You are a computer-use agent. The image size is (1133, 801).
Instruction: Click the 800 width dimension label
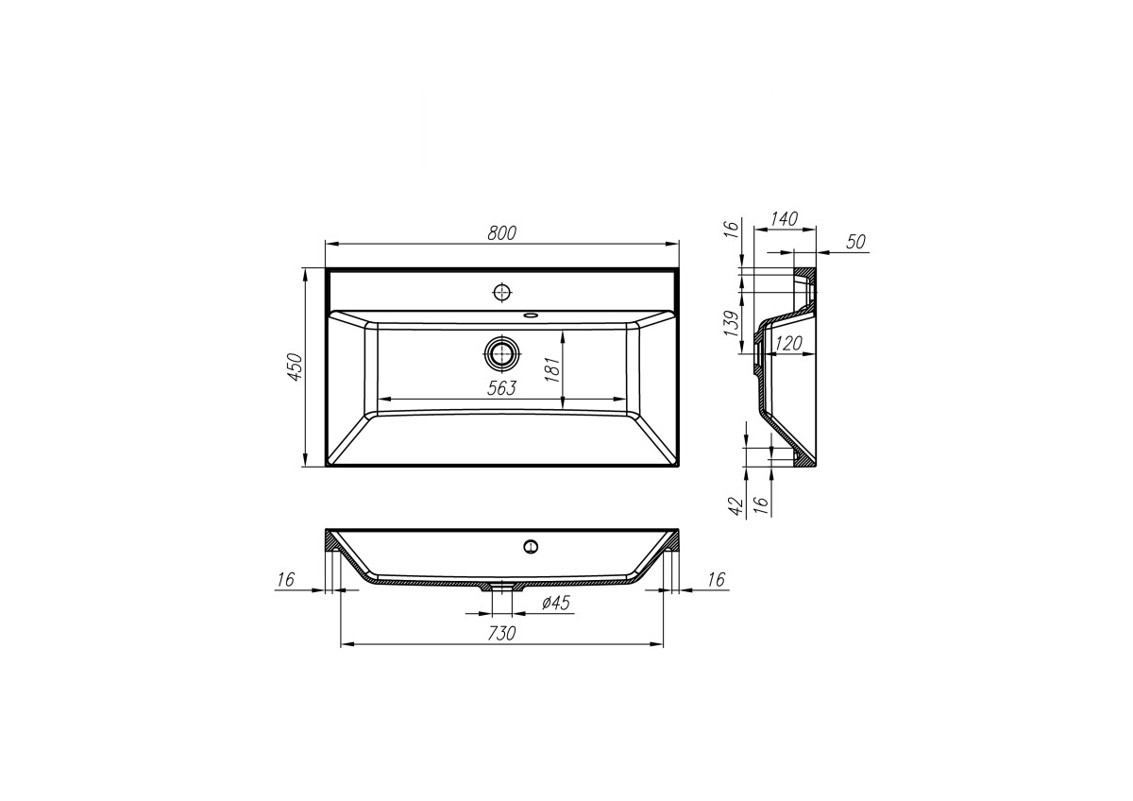[502, 233]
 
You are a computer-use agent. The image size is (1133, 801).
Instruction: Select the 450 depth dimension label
[294, 366]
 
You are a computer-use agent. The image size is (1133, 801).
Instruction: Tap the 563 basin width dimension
[501, 388]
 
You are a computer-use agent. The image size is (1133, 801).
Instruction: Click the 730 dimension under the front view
[501, 633]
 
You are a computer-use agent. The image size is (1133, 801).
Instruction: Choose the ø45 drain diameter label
[556, 604]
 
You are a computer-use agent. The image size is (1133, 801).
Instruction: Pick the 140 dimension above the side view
[784, 219]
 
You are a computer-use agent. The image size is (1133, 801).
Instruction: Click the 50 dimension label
[855, 242]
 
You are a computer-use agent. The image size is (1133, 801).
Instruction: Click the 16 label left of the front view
[286, 579]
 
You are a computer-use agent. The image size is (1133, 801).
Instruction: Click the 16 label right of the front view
[716, 579]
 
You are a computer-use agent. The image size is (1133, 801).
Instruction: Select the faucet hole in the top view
[502, 291]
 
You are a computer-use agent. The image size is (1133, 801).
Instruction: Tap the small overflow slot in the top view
[531, 315]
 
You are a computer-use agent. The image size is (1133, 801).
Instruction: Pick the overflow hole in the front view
[531, 545]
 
